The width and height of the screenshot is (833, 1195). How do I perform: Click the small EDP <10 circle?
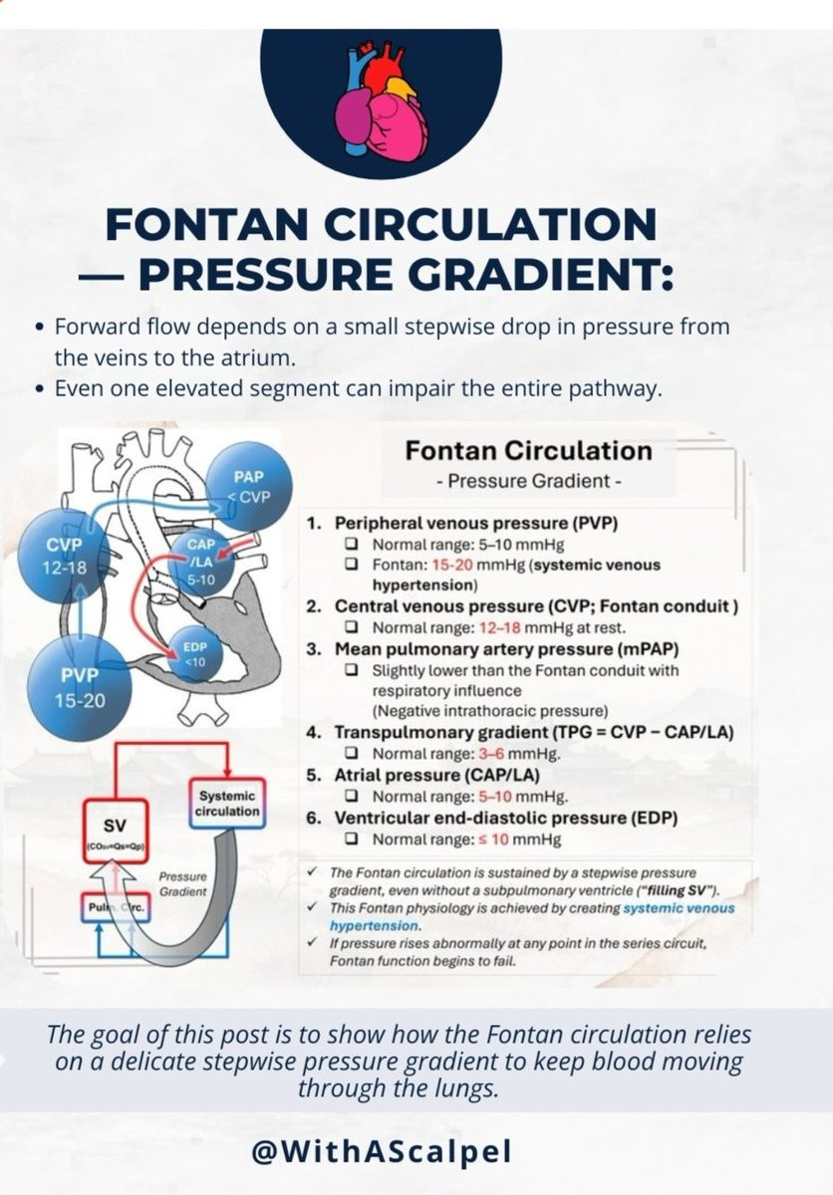click(194, 653)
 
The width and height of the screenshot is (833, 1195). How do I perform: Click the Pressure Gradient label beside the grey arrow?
click(182, 883)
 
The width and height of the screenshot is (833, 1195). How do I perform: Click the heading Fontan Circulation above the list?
click(528, 451)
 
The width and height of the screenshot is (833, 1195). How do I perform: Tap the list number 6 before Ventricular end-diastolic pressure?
click(314, 819)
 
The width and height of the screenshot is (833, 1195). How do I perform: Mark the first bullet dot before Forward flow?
click(38, 327)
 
